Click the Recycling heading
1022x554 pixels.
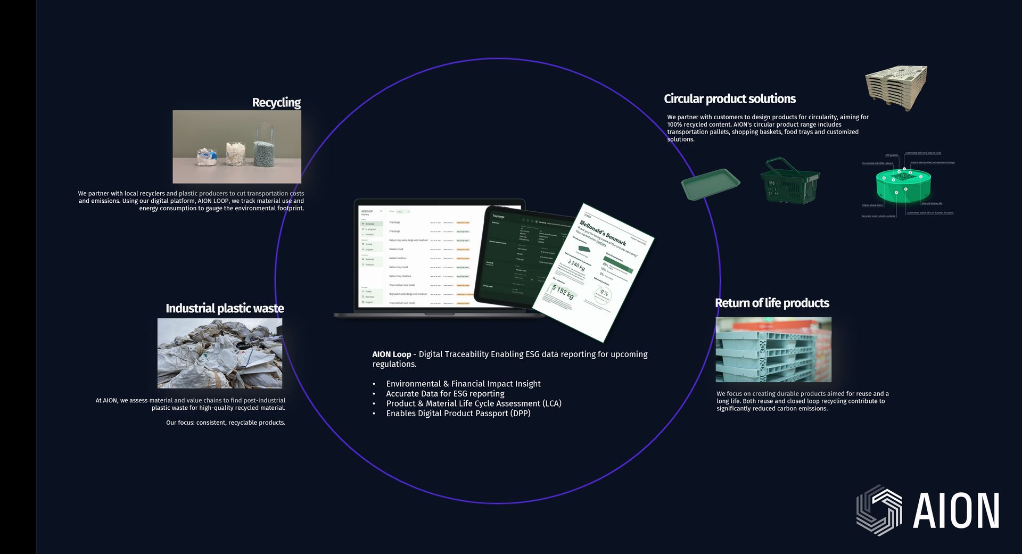(x=276, y=103)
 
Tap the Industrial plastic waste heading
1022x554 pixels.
(x=225, y=309)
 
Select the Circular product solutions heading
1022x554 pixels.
(x=729, y=99)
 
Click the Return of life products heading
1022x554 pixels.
(x=772, y=303)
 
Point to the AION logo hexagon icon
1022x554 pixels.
(x=879, y=510)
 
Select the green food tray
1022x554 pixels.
(x=711, y=184)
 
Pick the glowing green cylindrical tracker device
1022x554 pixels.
(x=903, y=184)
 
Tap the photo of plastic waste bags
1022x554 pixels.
(x=220, y=353)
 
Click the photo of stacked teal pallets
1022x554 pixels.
(x=773, y=350)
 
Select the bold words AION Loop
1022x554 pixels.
(x=392, y=354)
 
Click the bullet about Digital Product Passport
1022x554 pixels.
(x=458, y=414)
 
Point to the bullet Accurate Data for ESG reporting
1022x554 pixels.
(x=445, y=394)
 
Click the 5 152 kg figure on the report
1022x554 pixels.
(x=563, y=292)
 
